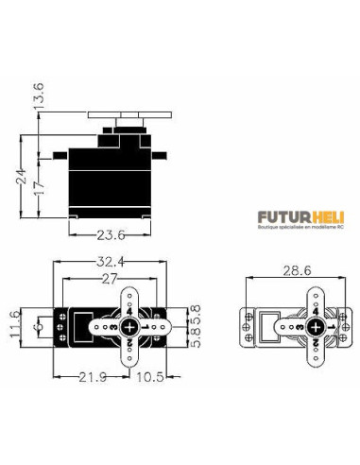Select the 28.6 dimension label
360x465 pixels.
pos(292,271)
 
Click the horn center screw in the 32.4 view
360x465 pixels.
pos(130,324)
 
